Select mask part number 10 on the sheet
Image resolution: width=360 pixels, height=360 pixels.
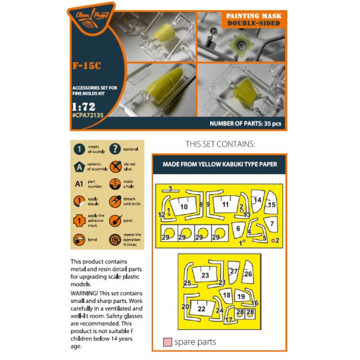[x=184, y=206]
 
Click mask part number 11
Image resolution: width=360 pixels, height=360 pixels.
[x=225, y=205]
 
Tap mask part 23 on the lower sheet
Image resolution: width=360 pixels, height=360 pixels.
[x=205, y=275]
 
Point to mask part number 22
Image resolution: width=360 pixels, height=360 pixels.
[x=202, y=308]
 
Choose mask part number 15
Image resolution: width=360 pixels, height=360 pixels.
[x=271, y=205]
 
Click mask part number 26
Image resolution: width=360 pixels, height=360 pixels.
[x=248, y=274]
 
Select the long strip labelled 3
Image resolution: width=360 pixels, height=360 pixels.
[x=170, y=189]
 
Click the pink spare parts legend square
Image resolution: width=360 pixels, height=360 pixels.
[x=167, y=342]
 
